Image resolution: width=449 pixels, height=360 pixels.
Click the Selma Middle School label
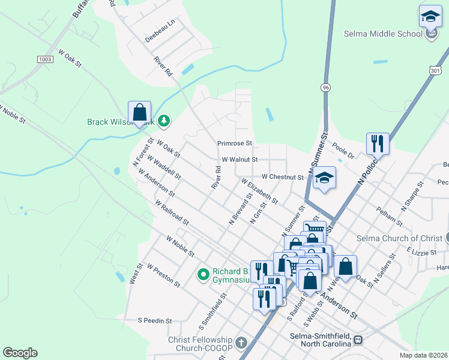click(383, 34)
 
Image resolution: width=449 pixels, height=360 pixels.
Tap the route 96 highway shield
click(325, 87)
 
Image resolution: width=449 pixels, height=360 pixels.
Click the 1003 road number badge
click(44, 59)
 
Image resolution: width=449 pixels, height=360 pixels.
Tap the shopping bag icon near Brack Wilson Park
click(139, 112)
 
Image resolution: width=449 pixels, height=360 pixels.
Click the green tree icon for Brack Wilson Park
click(164, 122)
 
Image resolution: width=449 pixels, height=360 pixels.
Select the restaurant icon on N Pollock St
click(378, 144)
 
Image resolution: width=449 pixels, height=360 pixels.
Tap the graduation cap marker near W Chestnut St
click(324, 178)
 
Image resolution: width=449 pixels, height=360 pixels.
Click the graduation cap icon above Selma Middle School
click(430, 16)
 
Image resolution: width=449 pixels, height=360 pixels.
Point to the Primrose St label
click(235, 144)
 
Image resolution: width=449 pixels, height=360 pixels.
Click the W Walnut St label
click(240, 160)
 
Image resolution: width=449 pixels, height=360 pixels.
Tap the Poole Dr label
click(343, 150)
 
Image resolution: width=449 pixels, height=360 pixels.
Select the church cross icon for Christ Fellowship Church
click(241, 343)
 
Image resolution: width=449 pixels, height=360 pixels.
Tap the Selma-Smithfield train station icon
click(358, 340)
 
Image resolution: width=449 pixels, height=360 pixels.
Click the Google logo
click(20, 353)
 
